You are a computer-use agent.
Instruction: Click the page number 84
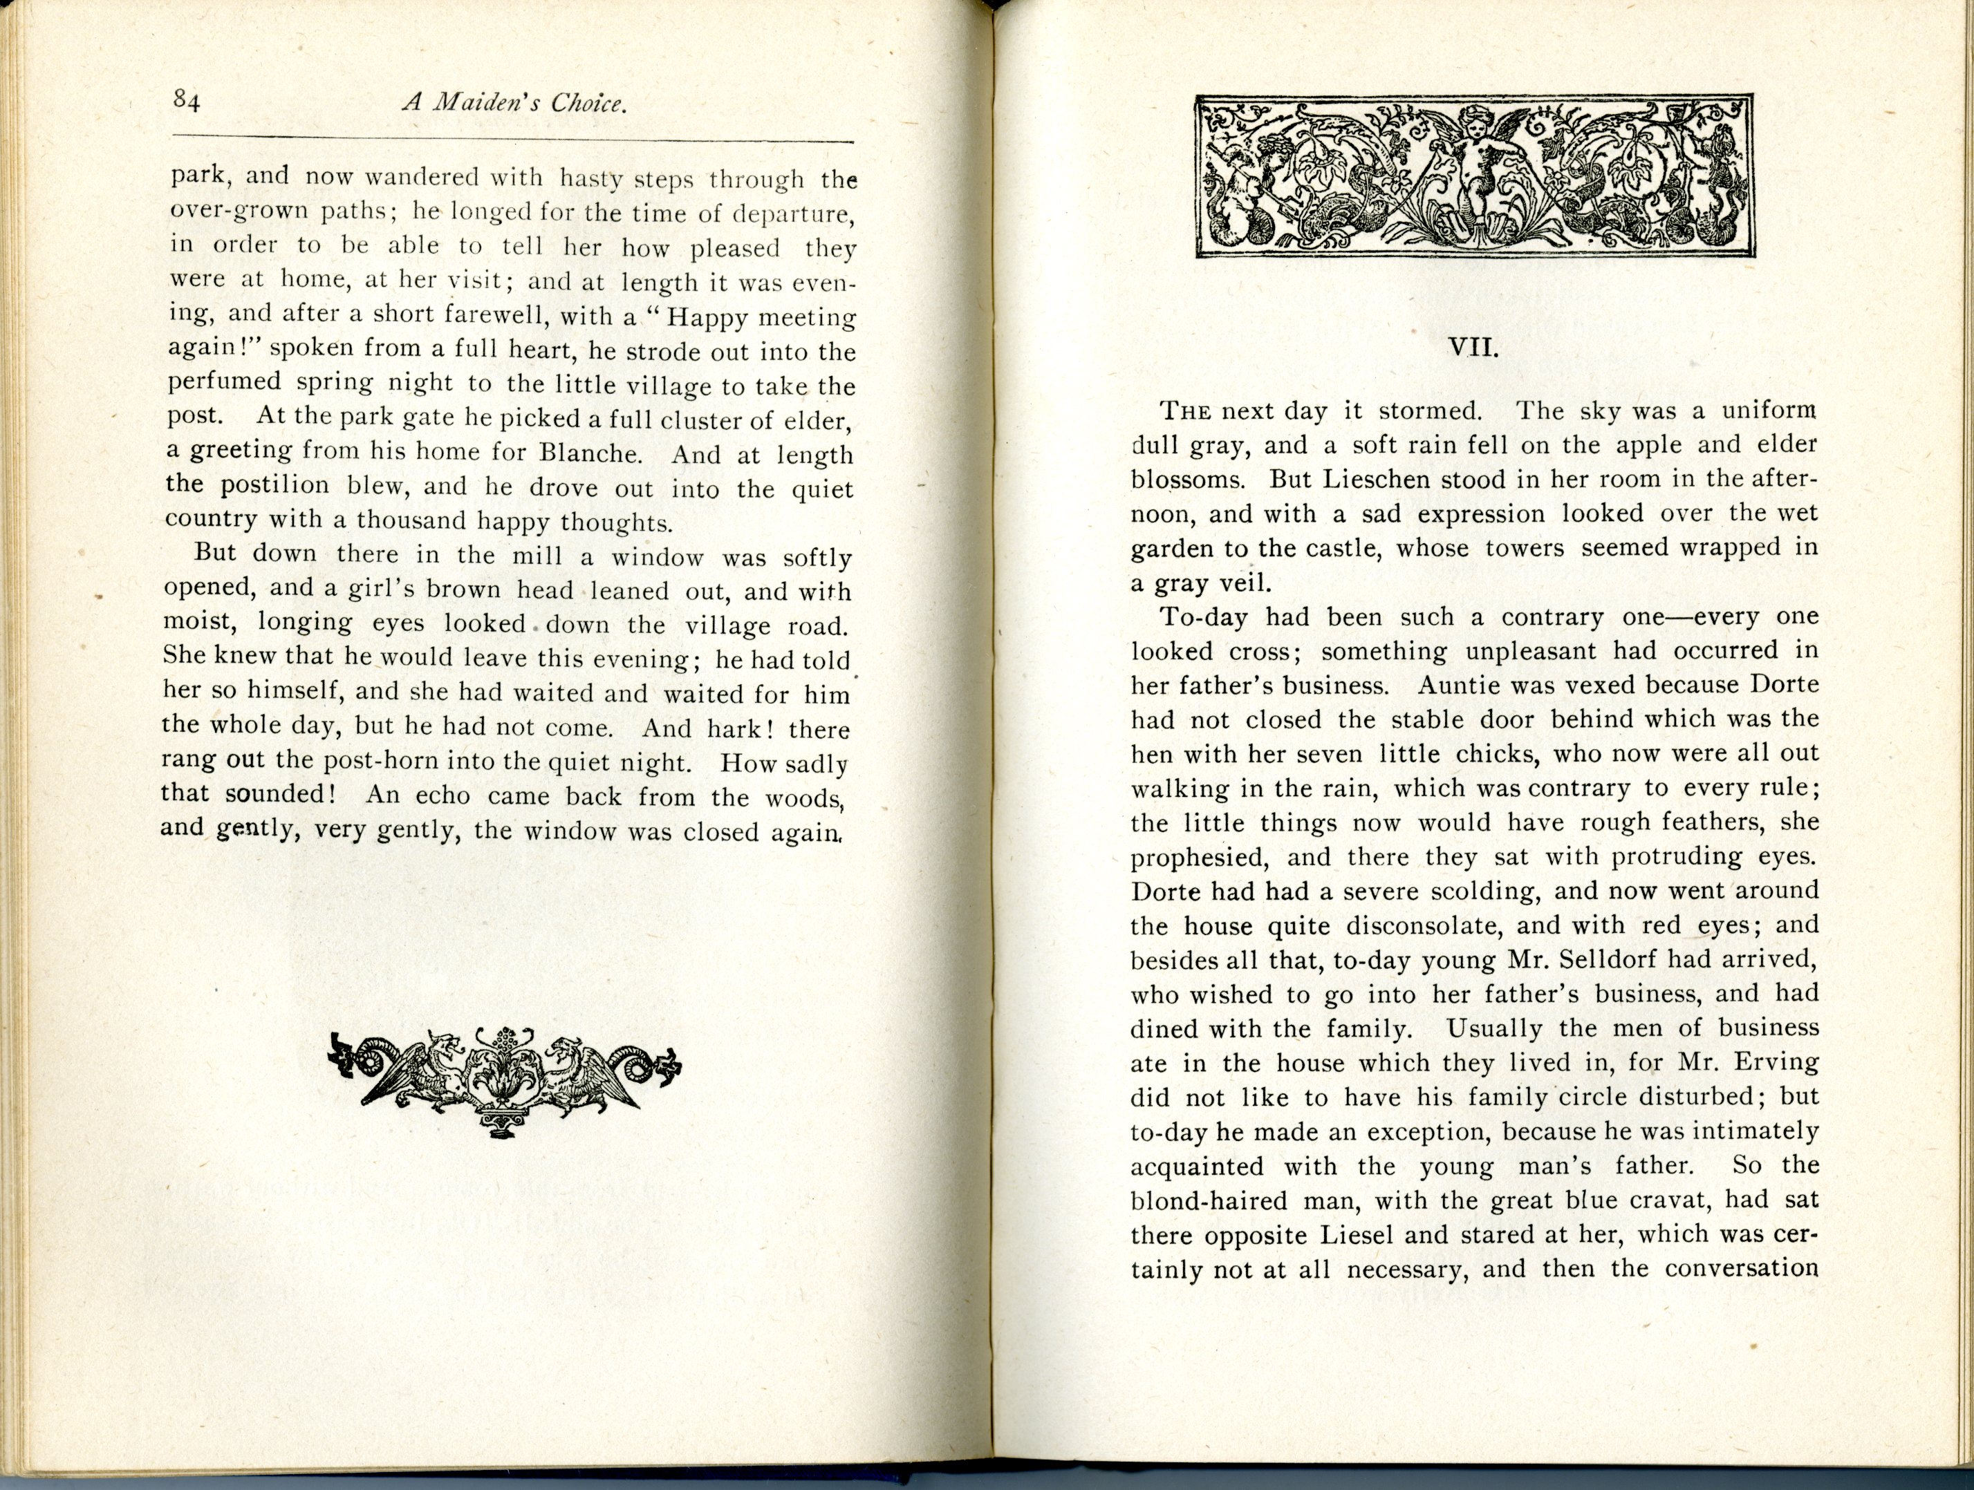187,100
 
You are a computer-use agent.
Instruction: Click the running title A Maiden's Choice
516,104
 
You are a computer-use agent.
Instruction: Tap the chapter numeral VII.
1473,347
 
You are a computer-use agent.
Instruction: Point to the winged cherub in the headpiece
1474,169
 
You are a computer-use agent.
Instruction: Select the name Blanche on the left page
589,453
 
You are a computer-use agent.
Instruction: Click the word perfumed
224,382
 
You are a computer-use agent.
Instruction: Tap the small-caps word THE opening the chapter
1185,411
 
